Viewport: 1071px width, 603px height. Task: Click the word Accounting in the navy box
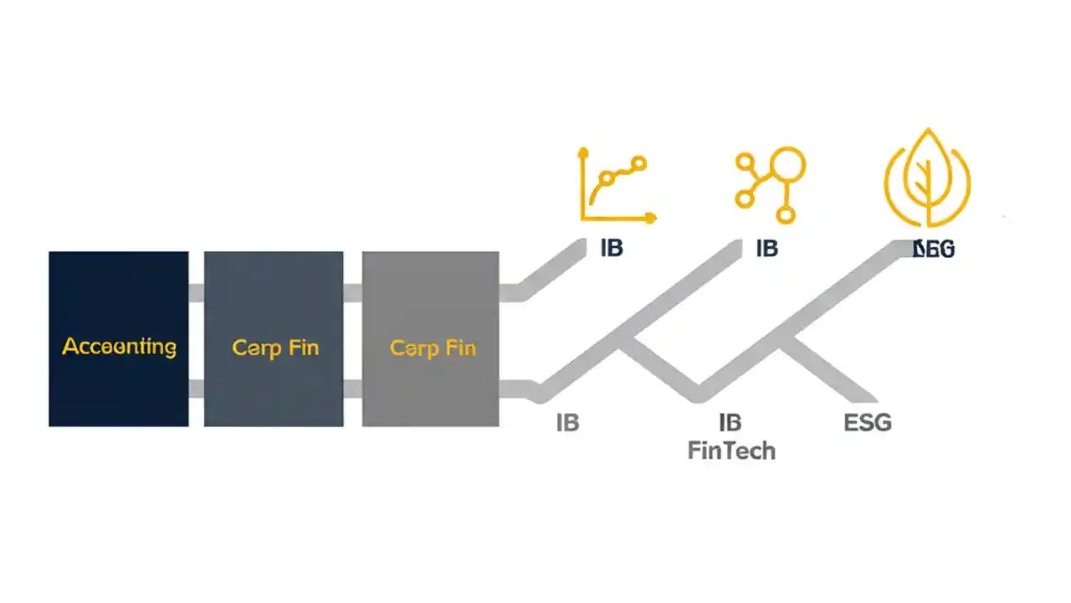click(119, 347)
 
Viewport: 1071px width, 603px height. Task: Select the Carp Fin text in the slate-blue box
click(275, 348)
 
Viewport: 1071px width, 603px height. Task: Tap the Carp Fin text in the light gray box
click(433, 348)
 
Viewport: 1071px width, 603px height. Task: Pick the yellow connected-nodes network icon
click(770, 185)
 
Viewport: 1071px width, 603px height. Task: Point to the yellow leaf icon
click(927, 178)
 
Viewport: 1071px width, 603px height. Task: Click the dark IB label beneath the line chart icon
click(612, 249)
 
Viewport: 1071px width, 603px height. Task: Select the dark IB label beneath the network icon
click(766, 249)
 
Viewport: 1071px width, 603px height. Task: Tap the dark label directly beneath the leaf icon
click(934, 249)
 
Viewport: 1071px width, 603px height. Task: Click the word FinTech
click(731, 451)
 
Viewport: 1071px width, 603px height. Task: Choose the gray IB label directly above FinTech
click(730, 423)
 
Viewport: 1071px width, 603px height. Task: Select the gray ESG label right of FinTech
click(868, 423)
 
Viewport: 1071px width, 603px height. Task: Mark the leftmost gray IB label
click(567, 423)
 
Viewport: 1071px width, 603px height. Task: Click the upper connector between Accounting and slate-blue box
click(196, 293)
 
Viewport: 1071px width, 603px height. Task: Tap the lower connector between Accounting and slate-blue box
click(196, 389)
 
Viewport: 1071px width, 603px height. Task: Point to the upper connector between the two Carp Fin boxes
click(352, 293)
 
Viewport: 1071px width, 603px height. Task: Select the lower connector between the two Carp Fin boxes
click(352, 389)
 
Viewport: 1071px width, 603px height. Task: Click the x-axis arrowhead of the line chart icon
click(650, 218)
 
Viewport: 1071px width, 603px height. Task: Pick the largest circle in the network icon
click(787, 165)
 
